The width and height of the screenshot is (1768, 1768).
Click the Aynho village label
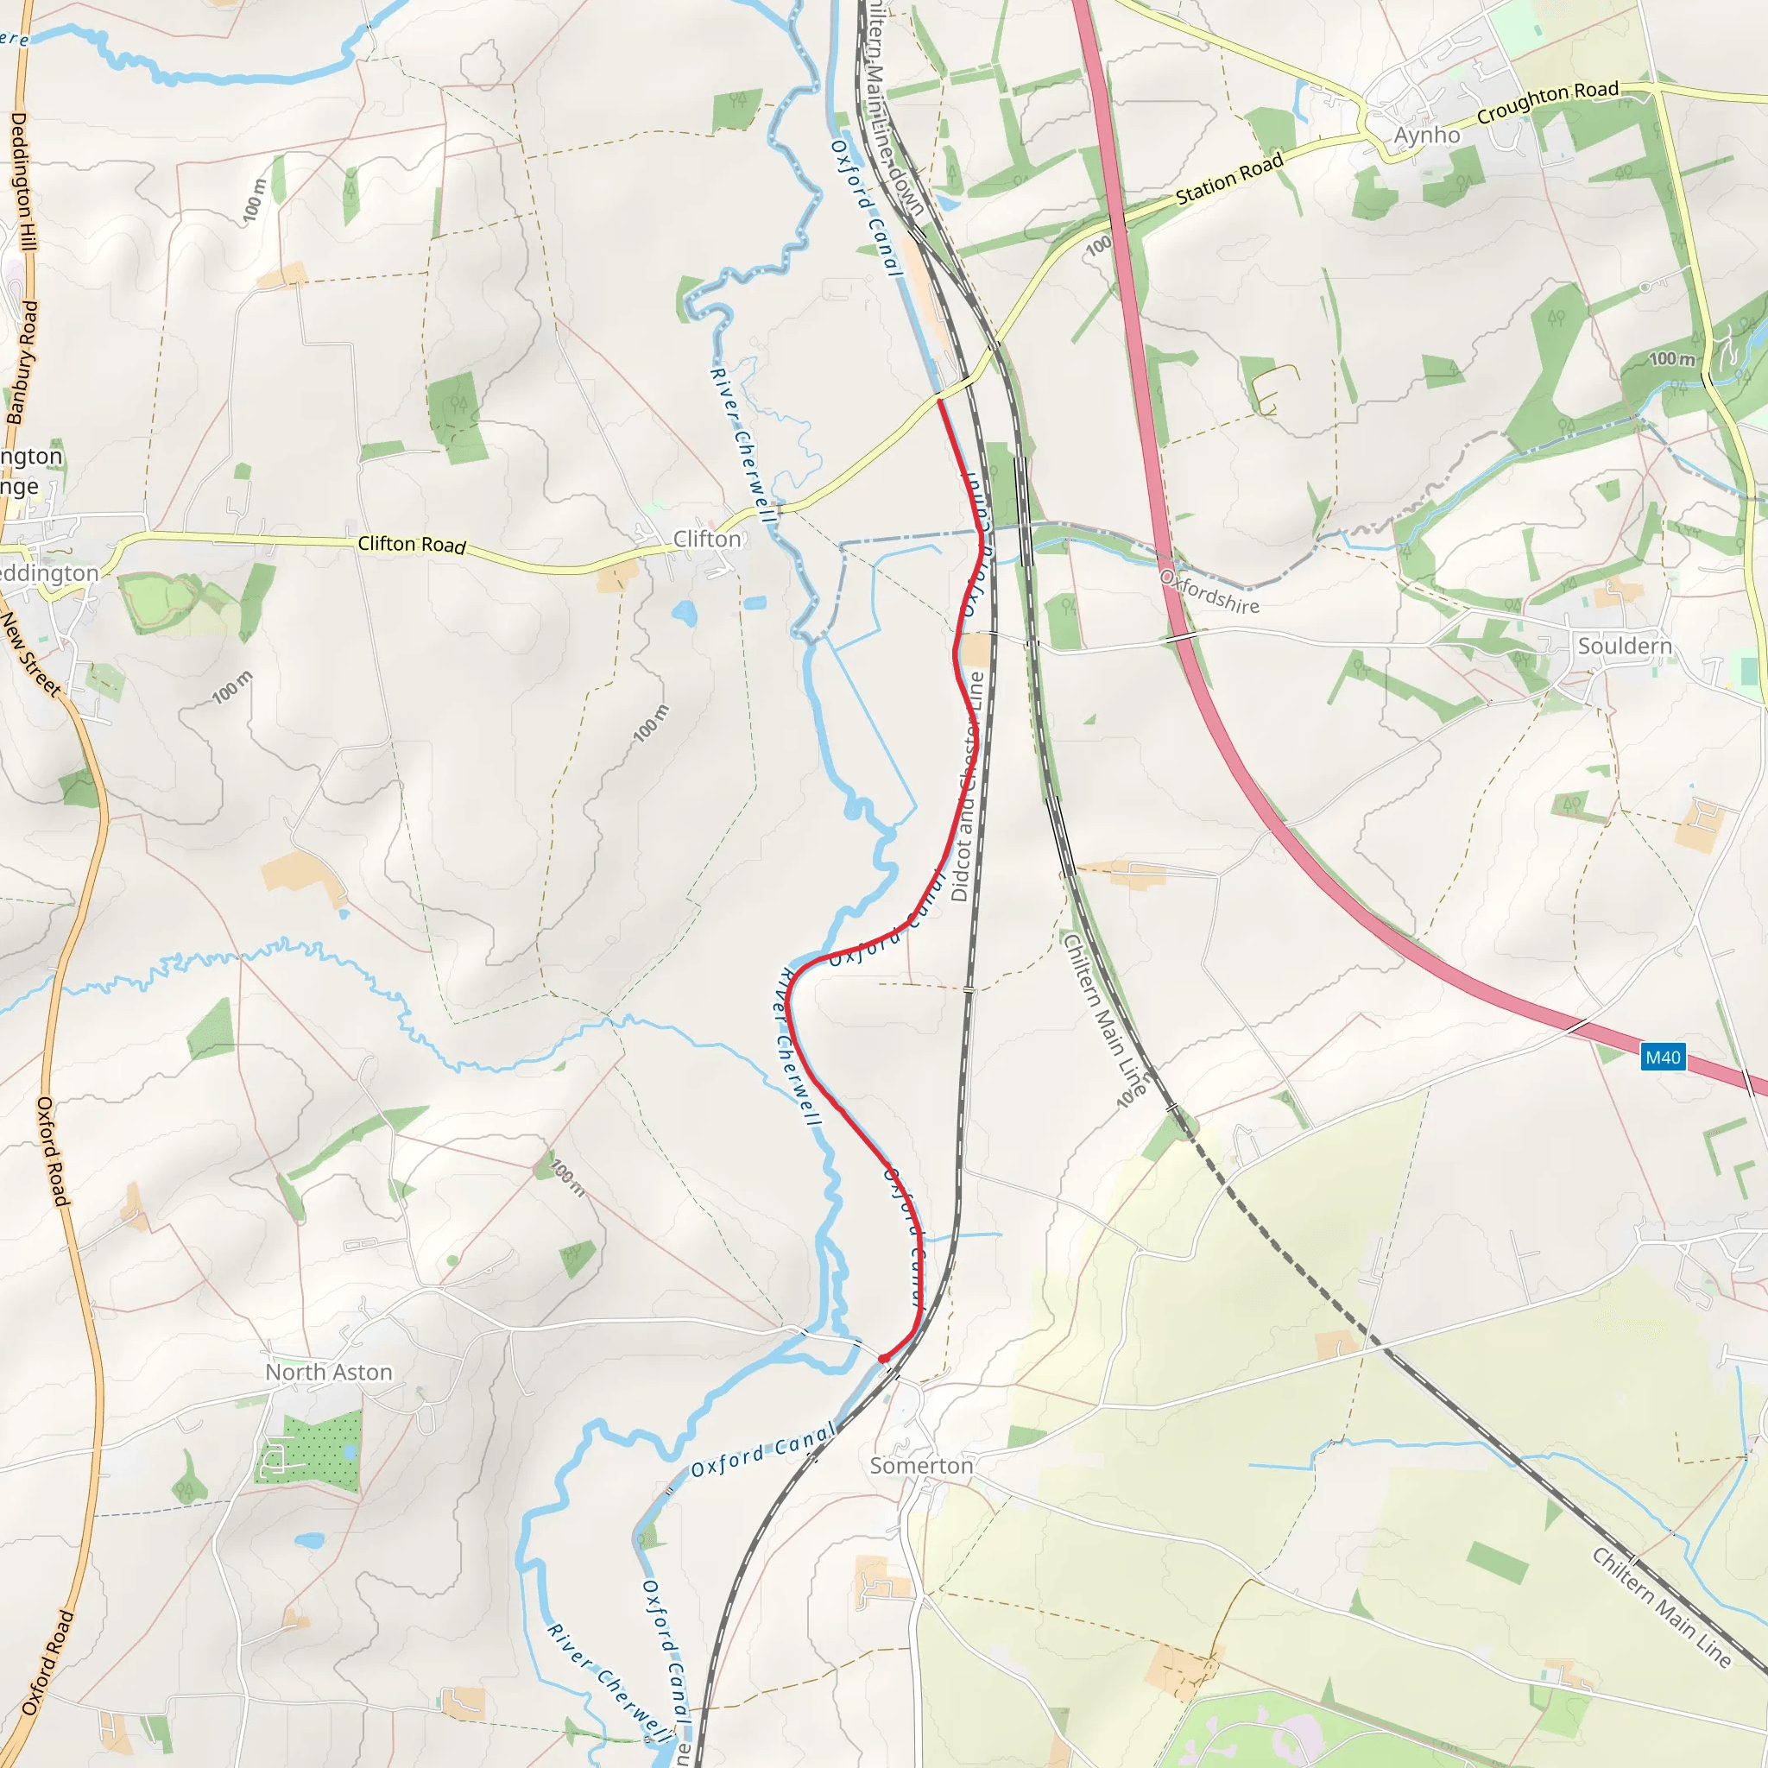click(x=1427, y=136)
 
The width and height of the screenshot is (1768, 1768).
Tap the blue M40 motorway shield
click(x=1663, y=1058)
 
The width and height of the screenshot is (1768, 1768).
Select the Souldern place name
click(x=1625, y=646)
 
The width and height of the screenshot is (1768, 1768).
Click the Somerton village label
click(x=920, y=1466)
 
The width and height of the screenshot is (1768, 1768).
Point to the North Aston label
click(x=329, y=1373)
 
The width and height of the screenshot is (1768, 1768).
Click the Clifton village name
click(x=706, y=539)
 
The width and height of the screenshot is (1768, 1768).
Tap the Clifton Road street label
click(x=412, y=545)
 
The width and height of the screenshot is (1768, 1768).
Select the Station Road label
click(x=1229, y=180)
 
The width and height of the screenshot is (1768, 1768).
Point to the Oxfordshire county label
click(x=1209, y=592)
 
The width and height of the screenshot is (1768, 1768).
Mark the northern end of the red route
click(x=940, y=400)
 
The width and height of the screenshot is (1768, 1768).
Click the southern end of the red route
click(x=882, y=1359)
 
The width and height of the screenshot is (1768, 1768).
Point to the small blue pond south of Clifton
click(x=684, y=612)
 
